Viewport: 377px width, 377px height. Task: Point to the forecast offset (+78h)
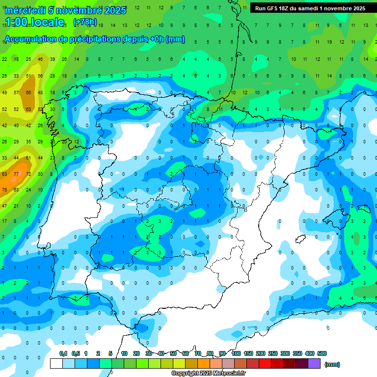click(x=85, y=22)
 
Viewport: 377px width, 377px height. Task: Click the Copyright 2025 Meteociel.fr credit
click(x=209, y=374)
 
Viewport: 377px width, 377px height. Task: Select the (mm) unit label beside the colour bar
click(x=332, y=364)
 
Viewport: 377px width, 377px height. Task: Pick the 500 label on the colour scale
click(x=322, y=353)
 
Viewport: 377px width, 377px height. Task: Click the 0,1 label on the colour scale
click(x=63, y=353)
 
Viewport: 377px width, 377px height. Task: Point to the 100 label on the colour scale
click(x=236, y=353)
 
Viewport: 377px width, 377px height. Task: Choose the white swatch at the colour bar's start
click(x=56, y=364)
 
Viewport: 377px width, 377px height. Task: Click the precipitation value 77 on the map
click(x=16, y=174)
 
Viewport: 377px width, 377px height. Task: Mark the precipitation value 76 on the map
click(x=4, y=190)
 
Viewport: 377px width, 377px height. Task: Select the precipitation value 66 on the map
click(x=28, y=92)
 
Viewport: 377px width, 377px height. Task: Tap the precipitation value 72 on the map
click(x=28, y=174)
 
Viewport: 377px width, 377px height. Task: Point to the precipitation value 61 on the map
click(x=28, y=158)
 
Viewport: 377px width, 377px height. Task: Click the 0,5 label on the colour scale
click(x=76, y=353)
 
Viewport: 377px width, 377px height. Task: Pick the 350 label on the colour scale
click(x=297, y=353)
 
